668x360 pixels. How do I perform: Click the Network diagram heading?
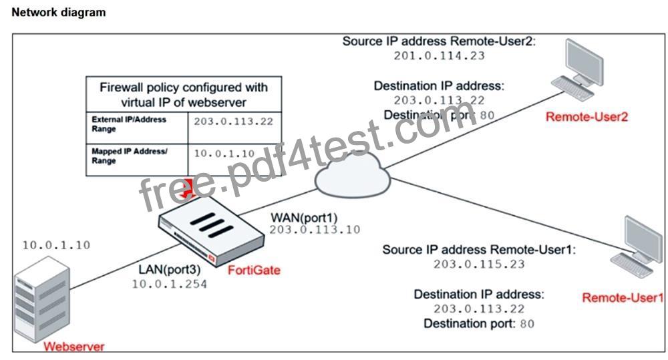point(58,12)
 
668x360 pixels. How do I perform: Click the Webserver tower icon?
point(41,299)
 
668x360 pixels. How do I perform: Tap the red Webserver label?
point(73,347)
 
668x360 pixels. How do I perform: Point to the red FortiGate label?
point(254,270)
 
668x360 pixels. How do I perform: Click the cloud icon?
point(353,175)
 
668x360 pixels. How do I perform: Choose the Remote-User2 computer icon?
point(578,69)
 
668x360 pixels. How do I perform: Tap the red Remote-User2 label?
point(587,117)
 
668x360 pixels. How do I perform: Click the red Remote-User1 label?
point(623,297)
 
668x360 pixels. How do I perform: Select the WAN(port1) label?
point(304,218)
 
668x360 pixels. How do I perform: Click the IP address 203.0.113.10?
point(315,230)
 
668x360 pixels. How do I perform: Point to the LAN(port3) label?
point(170,270)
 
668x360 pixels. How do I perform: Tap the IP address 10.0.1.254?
point(169,284)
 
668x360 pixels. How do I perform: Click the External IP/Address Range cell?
point(137,128)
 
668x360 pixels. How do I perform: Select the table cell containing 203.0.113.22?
point(234,128)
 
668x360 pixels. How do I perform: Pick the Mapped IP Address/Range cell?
point(137,160)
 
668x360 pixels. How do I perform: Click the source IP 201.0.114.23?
point(440,56)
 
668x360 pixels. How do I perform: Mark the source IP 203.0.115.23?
point(479,264)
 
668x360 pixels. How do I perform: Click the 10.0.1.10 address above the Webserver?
point(56,245)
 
